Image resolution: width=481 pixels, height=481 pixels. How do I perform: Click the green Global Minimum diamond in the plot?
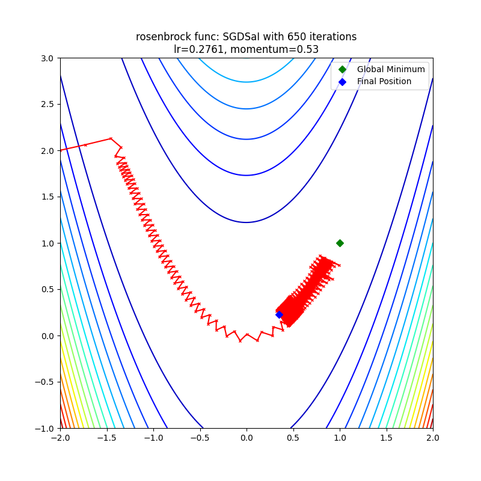340,243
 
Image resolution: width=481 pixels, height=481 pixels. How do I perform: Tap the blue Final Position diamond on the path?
279,314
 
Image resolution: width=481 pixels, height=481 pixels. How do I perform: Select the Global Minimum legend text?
391,69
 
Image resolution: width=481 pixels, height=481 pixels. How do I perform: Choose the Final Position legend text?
384,81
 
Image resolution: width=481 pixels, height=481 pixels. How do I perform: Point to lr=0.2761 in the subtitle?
198,49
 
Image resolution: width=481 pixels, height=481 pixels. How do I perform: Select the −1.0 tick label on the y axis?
45,429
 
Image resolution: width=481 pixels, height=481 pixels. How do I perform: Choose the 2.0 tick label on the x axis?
433,438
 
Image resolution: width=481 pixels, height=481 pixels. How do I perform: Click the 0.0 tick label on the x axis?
247,438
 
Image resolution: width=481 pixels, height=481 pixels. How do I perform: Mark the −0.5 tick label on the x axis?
200,438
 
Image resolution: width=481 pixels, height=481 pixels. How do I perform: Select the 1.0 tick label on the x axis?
340,438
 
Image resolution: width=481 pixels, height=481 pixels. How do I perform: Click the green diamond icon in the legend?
342,69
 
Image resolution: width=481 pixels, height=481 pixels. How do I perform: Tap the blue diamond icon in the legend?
342,81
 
